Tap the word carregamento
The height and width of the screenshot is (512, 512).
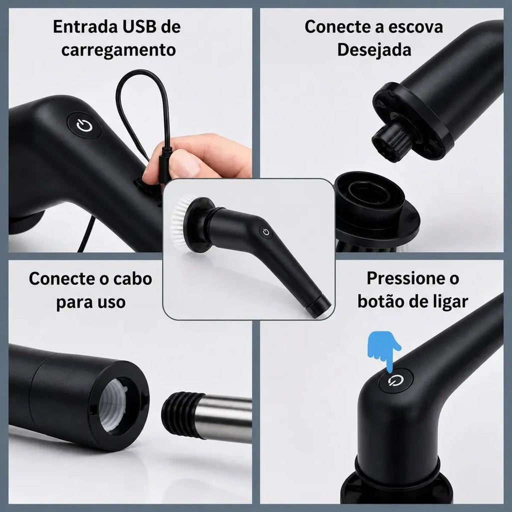(118, 50)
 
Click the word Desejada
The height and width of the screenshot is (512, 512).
(374, 50)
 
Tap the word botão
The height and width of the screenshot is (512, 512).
(380, 301)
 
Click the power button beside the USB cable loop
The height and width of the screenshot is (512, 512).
(84, 125)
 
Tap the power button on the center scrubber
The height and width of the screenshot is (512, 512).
(266, 232)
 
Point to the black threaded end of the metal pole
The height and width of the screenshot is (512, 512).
(179, 414)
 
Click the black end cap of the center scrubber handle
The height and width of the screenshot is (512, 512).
(318, 306)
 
